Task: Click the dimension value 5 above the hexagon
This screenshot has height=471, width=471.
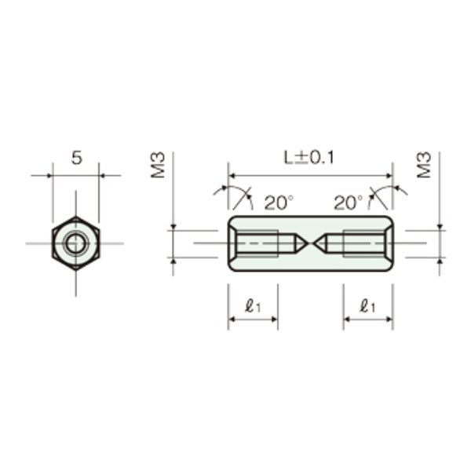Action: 76,158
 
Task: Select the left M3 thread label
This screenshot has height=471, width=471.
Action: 159,166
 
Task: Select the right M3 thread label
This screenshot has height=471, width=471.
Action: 425,166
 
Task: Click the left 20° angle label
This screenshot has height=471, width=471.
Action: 277,203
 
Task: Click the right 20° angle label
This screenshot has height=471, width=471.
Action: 348,203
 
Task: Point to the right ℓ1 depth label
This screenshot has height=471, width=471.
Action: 367,307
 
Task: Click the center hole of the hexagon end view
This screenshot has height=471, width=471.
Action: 76,243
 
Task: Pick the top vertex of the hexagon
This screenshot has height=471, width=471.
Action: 76,217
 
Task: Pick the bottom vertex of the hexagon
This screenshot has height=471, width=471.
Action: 76,270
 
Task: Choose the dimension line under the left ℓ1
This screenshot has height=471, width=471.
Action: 253,319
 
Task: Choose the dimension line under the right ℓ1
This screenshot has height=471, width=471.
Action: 367,319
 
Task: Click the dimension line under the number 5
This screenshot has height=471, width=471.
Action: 76,175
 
